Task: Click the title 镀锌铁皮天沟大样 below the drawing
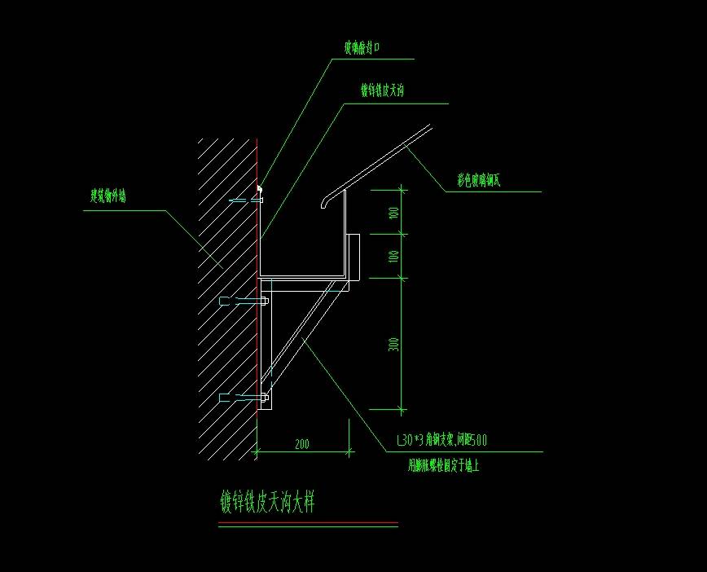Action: pos(267,502)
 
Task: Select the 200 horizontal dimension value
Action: pos(302,444)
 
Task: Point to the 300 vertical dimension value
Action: pos(394,344)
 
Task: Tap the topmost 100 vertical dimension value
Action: pos(394,213)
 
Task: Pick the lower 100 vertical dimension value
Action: pos(394,256)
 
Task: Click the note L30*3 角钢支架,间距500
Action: pos(441,441)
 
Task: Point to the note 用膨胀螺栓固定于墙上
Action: pos(443,467)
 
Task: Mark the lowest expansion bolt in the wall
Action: pos(244,398)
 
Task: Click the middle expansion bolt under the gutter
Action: pos(244,302)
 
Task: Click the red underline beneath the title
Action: pos(308,523)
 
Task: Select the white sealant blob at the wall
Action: pos(260,190)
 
